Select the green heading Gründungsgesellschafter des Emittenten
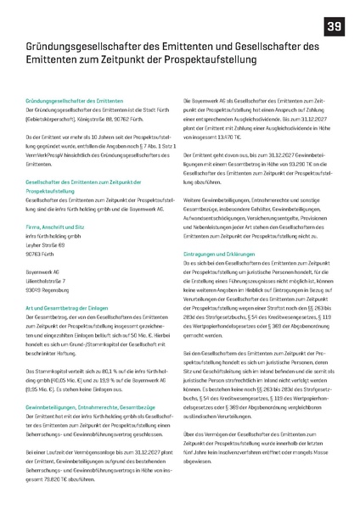click(76, 100)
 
